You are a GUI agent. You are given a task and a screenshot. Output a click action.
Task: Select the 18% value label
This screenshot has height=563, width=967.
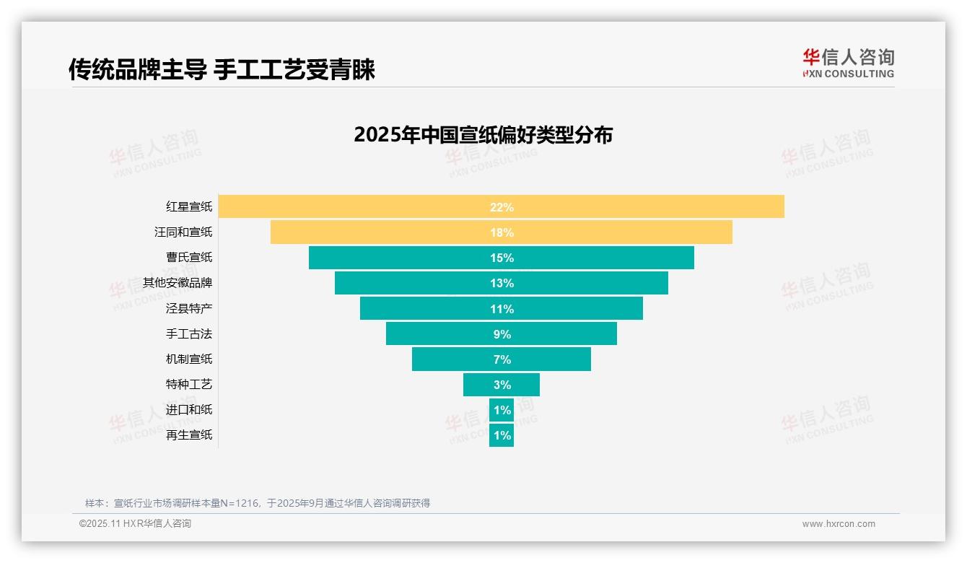(502, 232)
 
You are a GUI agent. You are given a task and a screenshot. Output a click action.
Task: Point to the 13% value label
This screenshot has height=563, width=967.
(502, 283)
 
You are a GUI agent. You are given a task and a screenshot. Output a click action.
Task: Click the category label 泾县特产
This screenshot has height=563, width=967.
(189, 308)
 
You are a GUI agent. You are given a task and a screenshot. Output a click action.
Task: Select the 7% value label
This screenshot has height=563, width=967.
(502, 359)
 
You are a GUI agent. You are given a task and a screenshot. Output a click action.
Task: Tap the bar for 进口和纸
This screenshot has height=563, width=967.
(502, 410)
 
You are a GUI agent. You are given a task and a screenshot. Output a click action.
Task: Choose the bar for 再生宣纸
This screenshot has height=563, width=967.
(502, 435)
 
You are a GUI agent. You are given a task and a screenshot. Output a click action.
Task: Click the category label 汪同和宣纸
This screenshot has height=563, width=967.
(183, 232)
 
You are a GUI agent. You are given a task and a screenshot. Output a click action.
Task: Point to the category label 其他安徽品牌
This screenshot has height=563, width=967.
(178, 283)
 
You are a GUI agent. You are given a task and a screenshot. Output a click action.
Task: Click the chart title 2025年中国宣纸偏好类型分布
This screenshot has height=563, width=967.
(483, 135)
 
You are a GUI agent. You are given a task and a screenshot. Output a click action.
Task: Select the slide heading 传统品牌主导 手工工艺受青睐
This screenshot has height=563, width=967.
(222, 69)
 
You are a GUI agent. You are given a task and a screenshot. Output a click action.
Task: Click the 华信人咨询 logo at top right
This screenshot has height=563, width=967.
(848, 63)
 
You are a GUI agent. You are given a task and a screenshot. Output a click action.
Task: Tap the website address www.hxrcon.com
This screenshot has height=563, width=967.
(839, 524)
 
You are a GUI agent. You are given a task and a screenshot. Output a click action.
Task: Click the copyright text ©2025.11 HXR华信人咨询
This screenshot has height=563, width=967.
(135, 524)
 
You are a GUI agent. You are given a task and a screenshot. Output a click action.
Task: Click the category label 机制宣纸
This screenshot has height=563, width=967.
(189, 359)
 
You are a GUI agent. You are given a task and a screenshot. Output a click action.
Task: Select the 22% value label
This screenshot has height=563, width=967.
(502, 207)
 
